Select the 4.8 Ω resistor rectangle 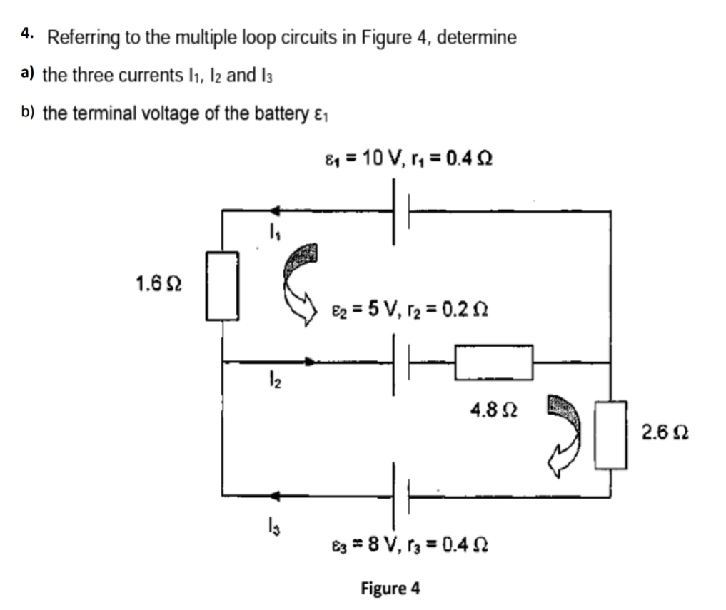tap(494, 362)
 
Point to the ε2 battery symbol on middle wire tap(401, 362)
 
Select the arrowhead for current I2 tap(309, 362)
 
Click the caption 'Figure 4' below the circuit tap(390, 589)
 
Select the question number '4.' tap(27, 34)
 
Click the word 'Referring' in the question tap(84, 38)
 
